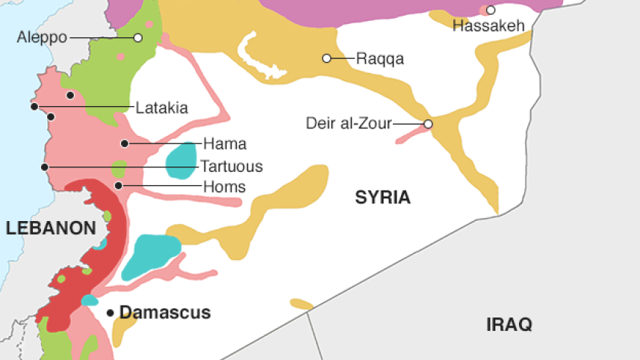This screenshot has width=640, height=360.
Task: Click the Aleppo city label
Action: [42, 37]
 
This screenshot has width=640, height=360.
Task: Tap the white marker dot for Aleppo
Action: [138, 37]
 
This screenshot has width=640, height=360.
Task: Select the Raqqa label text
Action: [379, 58]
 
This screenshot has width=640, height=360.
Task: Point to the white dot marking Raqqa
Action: [326, 58]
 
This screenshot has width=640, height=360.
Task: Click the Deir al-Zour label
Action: [348, 124]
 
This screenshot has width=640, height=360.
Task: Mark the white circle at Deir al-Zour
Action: [428, 124]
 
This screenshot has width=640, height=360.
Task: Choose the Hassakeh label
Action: [488, 26]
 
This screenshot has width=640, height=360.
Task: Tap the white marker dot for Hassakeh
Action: [491, 10]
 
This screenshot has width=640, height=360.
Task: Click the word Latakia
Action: [161, 108]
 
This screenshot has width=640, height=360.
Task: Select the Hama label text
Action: [225, 143]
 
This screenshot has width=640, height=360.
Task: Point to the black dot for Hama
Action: [125, 143]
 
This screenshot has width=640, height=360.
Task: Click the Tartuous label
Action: [232, 167]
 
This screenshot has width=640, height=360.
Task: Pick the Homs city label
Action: [224, 186]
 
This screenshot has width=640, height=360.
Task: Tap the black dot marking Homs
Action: [118, 185]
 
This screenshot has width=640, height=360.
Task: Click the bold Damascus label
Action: [165, 313]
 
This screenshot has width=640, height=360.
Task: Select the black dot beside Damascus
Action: [110, 312]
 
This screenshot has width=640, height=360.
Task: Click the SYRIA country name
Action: [382, 198]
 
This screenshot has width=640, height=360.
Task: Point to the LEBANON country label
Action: [51, 229]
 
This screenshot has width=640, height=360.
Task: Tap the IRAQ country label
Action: [509, 325]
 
